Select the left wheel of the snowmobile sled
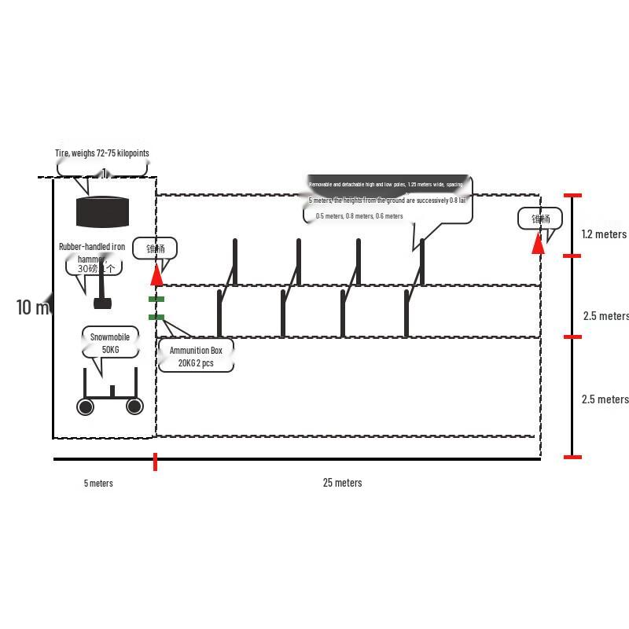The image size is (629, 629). click(x=85, y=406)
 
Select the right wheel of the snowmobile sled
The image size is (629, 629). click(x=134, y=406)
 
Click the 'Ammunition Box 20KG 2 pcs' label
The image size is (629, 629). click(x=196, y=356)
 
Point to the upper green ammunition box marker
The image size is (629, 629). click(x=156, y=300)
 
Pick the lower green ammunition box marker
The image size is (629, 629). click(x=156, y=318)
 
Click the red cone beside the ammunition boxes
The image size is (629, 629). click(x=157, y=274)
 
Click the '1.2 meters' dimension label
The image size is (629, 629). click(x=604, y=234)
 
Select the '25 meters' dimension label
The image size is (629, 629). click(x=342, y=483)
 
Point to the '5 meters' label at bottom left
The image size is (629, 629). click(x=98, y=484)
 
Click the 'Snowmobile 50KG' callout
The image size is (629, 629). click(x=109, y=343)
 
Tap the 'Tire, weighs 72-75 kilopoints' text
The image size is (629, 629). click(x=102, y=153)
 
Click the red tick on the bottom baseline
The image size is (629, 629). click(x=155, y=462)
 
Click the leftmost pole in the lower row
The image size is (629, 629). click(x=219, y=313)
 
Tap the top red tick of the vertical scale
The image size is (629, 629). click(x=572, y=195)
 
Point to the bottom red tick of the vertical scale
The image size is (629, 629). click(x=573, y=457)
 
